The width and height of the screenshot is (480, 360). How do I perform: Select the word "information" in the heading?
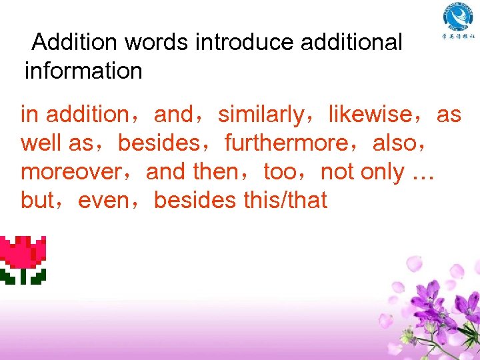click(x=83, y=70)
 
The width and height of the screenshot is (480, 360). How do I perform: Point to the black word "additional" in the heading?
click(x=352, y=43)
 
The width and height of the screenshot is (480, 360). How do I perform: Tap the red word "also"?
click(x=395, y=143)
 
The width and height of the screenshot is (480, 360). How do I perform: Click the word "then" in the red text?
click(x=215, y=172)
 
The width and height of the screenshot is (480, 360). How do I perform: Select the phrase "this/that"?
click(x=284, y=200)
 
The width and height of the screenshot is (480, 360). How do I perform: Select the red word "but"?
click(x=37, y=200)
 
